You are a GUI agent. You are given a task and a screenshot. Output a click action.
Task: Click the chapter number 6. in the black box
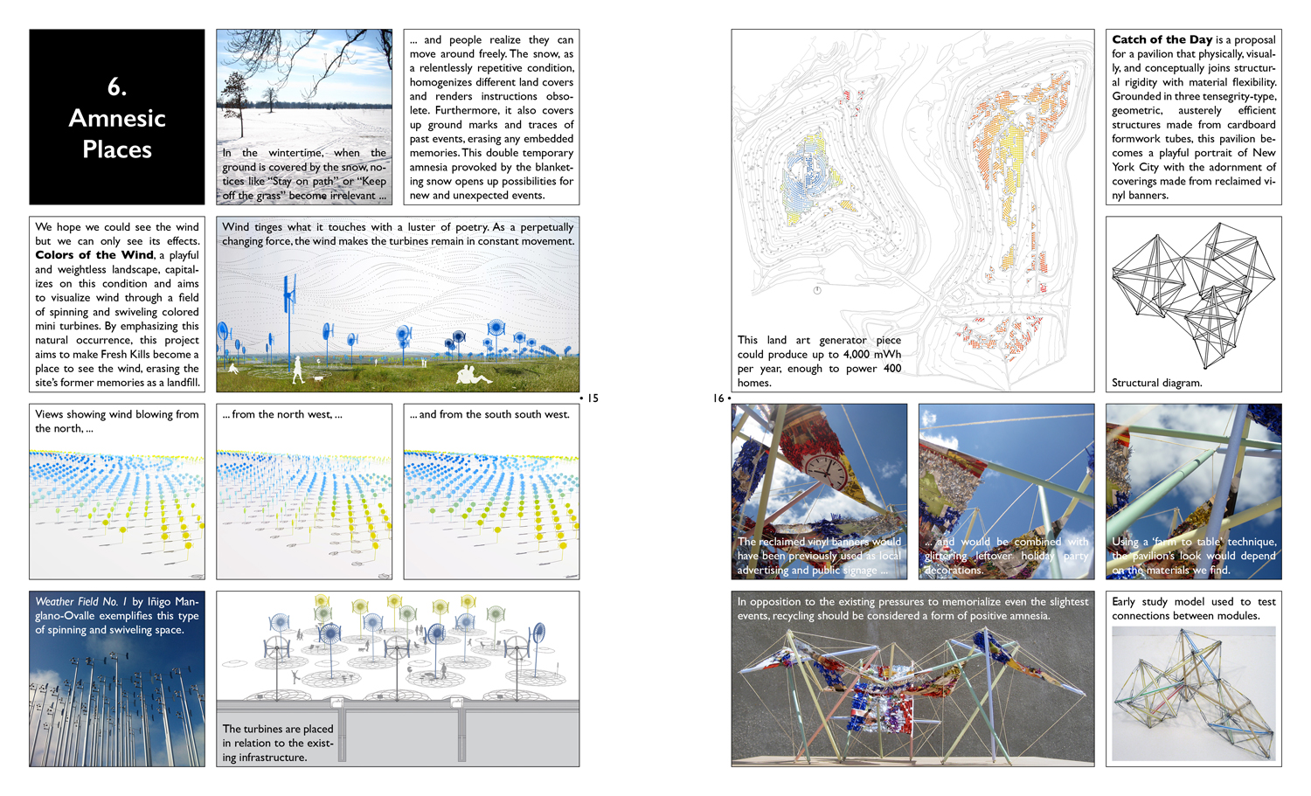[x=117, y=87]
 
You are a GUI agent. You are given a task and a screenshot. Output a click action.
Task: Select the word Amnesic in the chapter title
[x=117, y=118]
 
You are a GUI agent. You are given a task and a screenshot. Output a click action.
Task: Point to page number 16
[x=718, y=398]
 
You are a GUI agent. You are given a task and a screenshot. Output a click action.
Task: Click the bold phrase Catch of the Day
[x=1162, y=39]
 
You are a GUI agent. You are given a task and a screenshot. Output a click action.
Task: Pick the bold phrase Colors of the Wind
[x=94, y=255]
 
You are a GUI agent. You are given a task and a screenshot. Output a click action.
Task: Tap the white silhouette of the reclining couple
[x=472, y=376]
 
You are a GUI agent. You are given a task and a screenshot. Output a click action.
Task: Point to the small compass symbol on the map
[x=817, y=291]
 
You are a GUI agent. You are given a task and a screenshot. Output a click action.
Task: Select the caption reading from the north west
[x=282, y=414]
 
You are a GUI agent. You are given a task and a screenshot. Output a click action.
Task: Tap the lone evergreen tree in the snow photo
[x=234, y=96]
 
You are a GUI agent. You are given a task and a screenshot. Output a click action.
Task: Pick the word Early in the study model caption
[x=1124, y=602]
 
